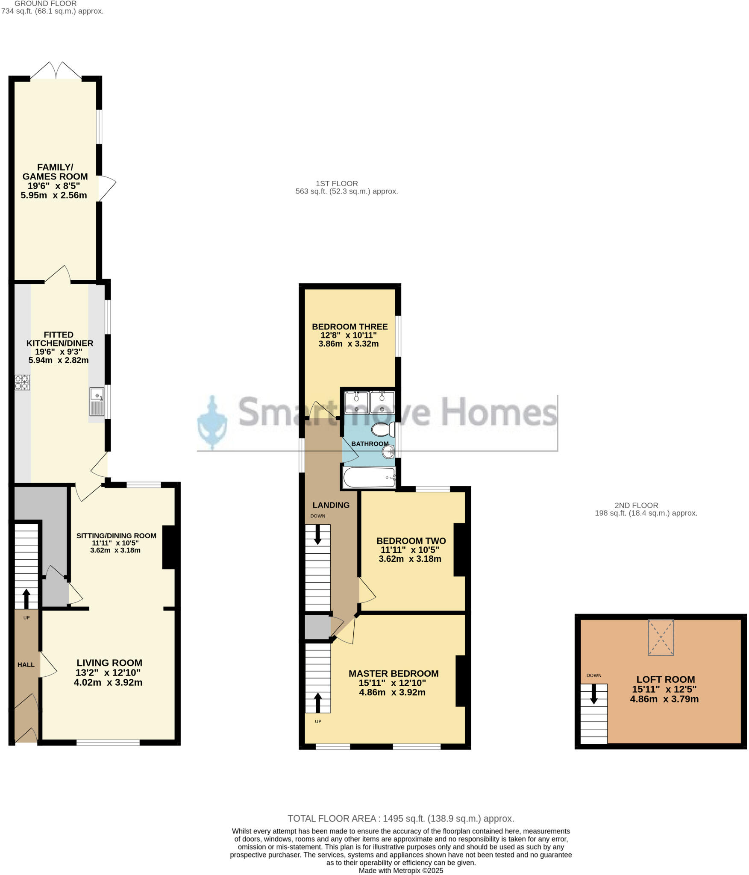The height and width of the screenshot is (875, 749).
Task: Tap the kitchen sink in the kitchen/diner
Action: click(97, 402)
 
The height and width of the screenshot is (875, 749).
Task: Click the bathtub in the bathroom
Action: click(369, 478)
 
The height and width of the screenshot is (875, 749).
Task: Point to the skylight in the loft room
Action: click(661, 637)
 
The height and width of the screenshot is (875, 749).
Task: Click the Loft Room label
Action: click(665, 679)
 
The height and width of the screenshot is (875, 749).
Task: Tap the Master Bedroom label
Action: click(394, 673)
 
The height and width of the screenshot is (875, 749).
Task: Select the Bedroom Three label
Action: click(350, 326)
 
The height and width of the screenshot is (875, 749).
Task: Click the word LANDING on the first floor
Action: click(331, 505)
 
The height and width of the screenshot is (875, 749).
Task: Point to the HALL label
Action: click(26, 665)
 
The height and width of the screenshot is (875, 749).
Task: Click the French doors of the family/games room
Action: click(56, 71)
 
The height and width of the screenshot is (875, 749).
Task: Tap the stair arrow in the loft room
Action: click(593, 694)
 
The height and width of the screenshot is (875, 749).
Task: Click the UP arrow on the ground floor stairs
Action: click(26, 598)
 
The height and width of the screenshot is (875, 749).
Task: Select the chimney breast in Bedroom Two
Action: click(459, 549)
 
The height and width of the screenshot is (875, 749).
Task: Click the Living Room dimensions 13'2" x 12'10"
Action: click(109, 672)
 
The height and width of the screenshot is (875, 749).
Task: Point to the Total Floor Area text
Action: click(400, 819)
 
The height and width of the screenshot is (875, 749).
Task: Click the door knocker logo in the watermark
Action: click(212, 423)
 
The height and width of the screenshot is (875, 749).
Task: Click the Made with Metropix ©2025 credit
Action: click(401, 870)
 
